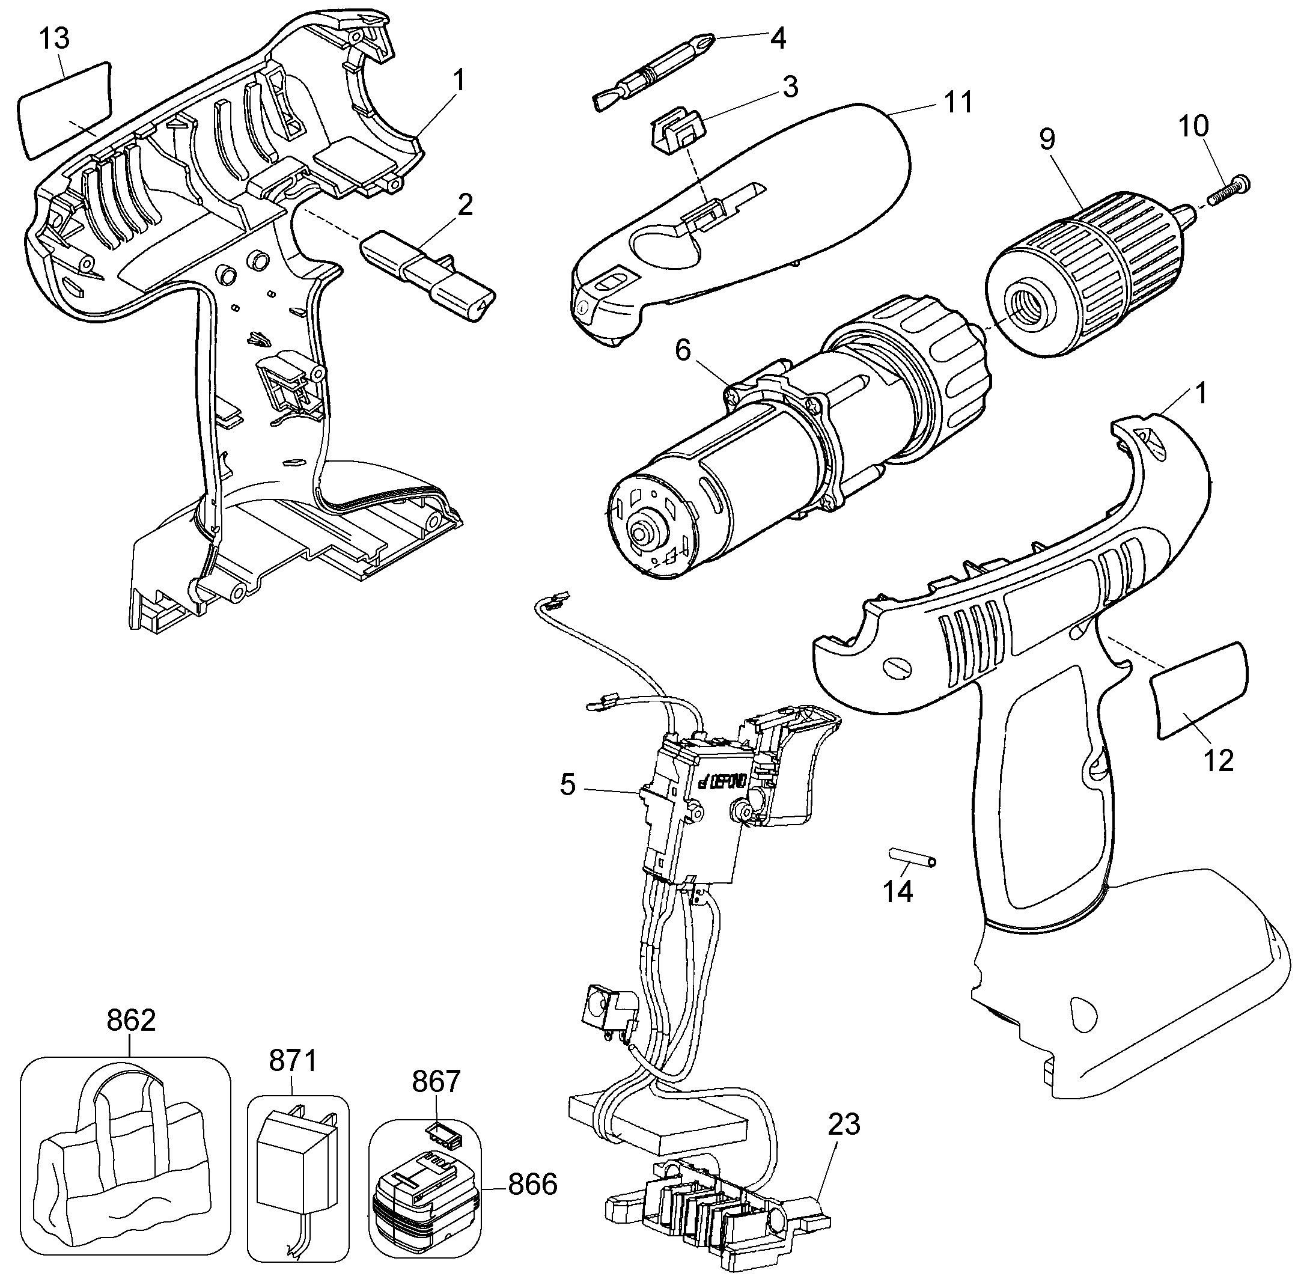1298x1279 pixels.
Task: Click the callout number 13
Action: click(53, 38)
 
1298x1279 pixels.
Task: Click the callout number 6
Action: click(683, 350)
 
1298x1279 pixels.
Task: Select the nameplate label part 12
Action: click(1199, 690)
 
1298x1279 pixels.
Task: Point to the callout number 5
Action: click(568, 784)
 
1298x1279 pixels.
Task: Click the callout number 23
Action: click(844, 1124)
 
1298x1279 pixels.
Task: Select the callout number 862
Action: click(132, 1021)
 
